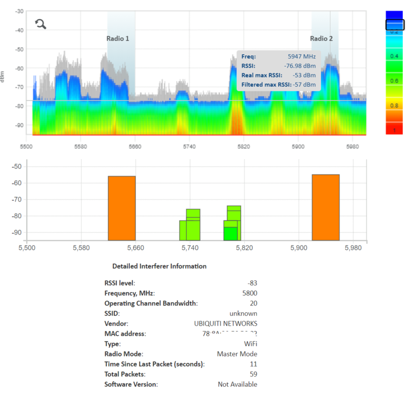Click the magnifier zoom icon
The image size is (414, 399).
click(40, 24)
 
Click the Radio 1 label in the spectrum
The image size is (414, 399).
click(118, 39)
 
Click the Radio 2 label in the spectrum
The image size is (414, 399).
click(321, 39)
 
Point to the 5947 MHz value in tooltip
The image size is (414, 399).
click(302, 56)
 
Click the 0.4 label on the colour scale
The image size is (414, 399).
click(395, 56)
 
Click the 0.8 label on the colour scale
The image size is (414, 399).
click(395, 105)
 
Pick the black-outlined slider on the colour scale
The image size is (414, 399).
click(395, 24)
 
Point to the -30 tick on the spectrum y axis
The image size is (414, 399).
click(19, 11)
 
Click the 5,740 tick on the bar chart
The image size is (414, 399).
click(189, 248)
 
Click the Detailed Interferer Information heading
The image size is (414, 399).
click(159, 266)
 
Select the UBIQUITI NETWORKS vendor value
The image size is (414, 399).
click(226, 323)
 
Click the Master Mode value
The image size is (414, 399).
click(237, 354)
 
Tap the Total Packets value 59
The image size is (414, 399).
click(253, 374)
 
